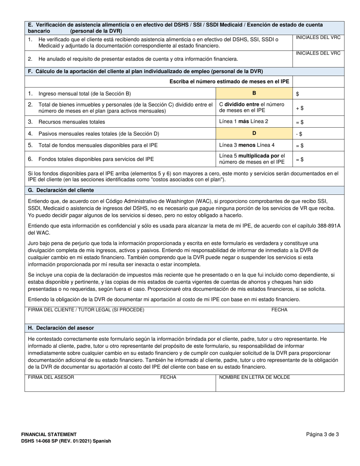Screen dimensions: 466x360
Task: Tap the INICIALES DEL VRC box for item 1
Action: pyautogui.click(x=318, y=42)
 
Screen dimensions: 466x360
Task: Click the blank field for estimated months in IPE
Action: pyautogui.click(x=318, y=81)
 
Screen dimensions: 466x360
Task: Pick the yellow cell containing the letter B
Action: pyautogui.click(x=254, y=94)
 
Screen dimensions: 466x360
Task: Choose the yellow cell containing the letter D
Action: pyautogui.click(x=254, y=133)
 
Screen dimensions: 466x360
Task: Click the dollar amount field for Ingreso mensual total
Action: pyautogui.click(x=318, y=94)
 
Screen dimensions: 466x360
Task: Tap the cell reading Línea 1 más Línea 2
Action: pyautogui.click(x=254, y=122)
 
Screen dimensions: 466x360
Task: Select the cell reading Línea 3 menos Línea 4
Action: pyautogui.click(x=254, y=145)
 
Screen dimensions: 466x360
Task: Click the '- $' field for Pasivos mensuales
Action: pyautogui.click(x=318, y=133)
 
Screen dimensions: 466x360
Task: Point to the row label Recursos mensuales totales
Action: pyautogui.click(x=72, y=122)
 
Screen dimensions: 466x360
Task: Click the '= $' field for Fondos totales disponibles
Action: pyautogui.click(x=318, y=160)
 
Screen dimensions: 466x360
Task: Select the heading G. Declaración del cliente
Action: pyautogui.click(x=61, y=190)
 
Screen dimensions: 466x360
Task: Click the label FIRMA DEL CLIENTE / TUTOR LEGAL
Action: pyautogui.click(x=86, y=310)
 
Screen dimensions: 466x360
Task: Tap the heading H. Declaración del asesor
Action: pyautogui.click(x=61, y=328)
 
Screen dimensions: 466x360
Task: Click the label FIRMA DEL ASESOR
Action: pyautogui.click(x=51, y=377)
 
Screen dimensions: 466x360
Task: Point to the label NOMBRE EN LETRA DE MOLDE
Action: pyautogui.click(x=254, y=377)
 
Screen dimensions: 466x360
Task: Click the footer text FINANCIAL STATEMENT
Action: pyautogui.click(x=49, y=435)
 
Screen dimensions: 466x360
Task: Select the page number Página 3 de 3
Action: pyautogui.click(x=322, y=435)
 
